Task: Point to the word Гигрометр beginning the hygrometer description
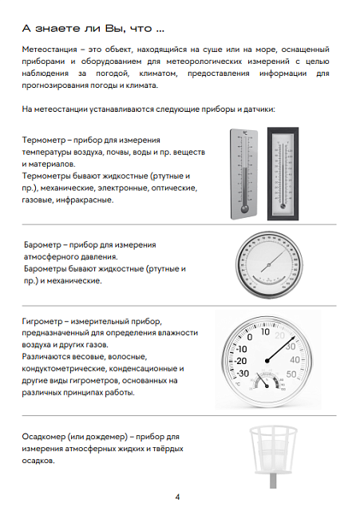click(x=46, y=320)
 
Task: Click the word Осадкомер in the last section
click(x=47, y=438)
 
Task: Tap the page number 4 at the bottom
click(x=177, y=497)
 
